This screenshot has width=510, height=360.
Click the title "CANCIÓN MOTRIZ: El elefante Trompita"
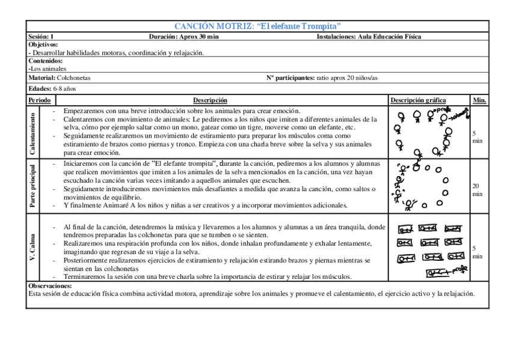point(257,26)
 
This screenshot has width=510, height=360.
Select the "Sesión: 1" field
point(41,37)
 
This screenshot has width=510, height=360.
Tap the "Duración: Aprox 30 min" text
point(183,37)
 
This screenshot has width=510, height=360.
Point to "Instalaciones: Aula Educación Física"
point(369,37)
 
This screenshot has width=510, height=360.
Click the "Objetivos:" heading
point(43,44)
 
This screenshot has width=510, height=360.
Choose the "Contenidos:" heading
point(45,61)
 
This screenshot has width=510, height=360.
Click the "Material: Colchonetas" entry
point(59,78)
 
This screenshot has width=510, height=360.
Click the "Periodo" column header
point(40,100)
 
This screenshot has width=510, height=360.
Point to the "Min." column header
point(479,100)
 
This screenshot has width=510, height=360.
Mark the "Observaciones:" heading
point(50,286)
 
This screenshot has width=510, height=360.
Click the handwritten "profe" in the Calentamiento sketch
point(443,111)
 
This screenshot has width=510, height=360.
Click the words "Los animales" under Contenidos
point(49,69)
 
